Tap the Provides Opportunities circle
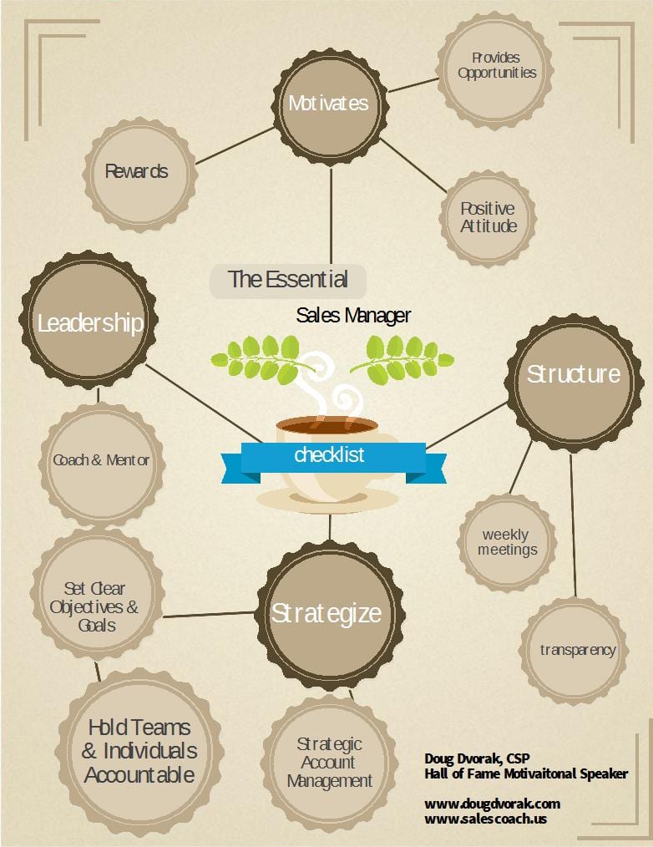494,70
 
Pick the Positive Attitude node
488,218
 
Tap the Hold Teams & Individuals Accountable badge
139,752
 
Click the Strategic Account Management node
330,763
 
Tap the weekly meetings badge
507,542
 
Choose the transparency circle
575,651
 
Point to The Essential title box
288,281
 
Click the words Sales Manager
353,316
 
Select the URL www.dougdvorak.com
492,804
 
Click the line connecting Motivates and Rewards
235,146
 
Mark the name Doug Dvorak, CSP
477,758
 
